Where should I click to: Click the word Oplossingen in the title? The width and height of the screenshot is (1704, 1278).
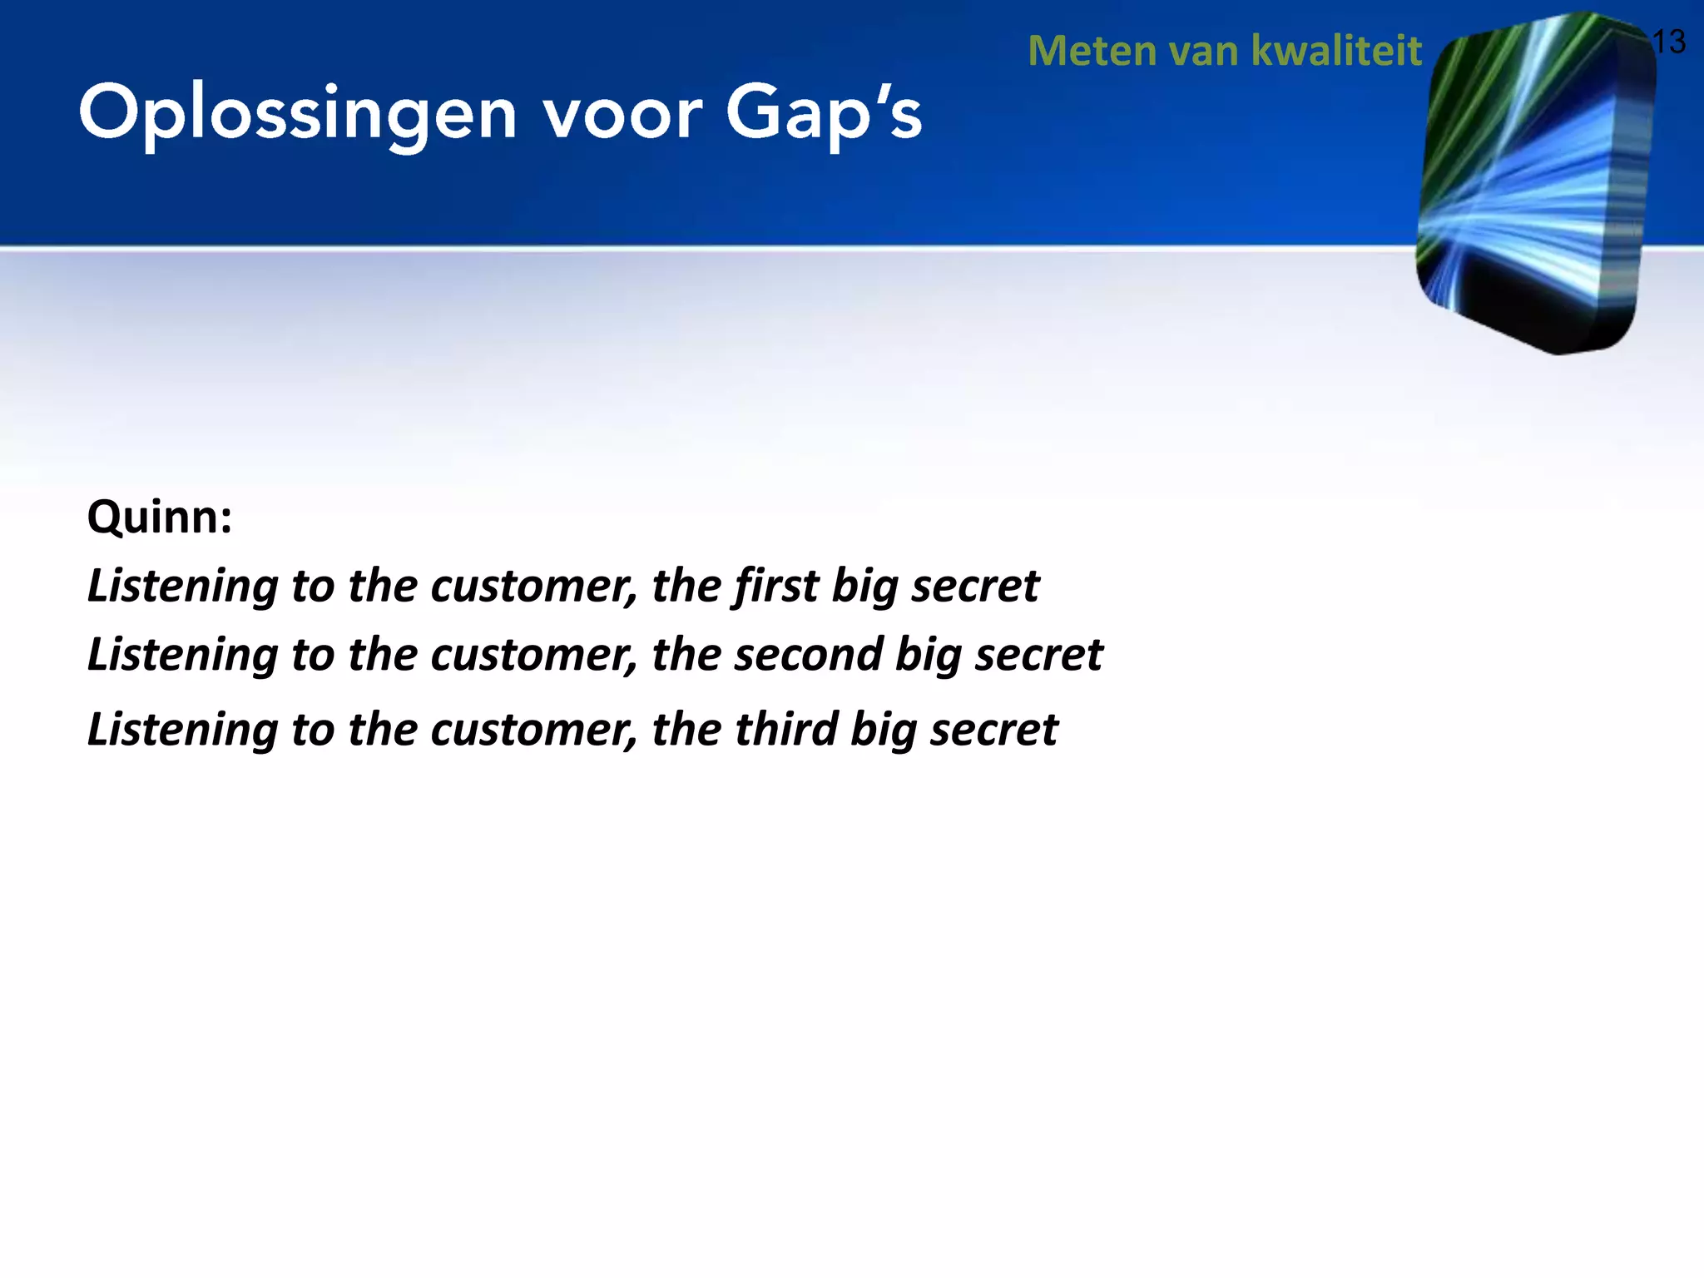click(298, 114)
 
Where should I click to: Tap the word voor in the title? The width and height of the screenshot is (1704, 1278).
click(622, 114)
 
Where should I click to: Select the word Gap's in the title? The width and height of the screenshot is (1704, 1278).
click(824, 114)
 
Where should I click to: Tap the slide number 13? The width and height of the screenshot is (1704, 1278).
click(1668, 42)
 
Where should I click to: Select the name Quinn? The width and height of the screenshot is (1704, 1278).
click(160, 518)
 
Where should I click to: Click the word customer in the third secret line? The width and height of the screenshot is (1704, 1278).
click(534, 729)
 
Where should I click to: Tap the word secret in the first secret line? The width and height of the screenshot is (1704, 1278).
click(975, 586)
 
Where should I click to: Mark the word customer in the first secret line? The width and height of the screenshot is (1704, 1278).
click(534, 586)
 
